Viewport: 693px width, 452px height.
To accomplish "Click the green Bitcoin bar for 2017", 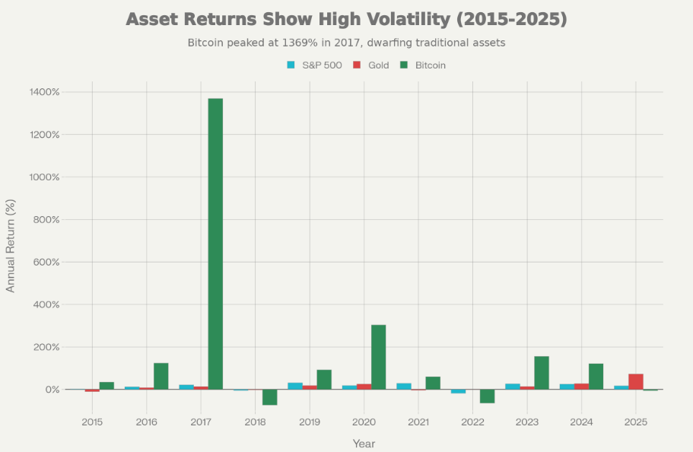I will click(x=215, y=244).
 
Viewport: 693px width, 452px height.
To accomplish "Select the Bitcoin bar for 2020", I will click(x=378, y=357).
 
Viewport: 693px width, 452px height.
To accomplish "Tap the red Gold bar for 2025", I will click(x=636, y=381).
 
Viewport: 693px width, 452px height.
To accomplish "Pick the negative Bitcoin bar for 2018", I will click(x=269, y=397).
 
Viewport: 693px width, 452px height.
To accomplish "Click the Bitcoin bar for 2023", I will click(x=542, y=373).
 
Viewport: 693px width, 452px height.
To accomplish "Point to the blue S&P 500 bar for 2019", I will click(x=295, y=386).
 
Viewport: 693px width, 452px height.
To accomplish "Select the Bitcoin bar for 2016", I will click(x=161, y=376).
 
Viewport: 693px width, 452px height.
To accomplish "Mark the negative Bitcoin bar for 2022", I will click(x=487, y=396).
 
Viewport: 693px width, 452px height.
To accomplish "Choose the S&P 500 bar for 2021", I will click(x=404, y=386).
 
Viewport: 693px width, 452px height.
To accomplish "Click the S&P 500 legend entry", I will click(x=314, y=65).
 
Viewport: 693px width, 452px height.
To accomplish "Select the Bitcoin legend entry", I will click(x=423, y=65).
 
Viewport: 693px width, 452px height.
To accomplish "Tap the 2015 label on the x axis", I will click(x=92, y=422).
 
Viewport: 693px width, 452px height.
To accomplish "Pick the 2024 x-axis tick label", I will click(x=581, y=422).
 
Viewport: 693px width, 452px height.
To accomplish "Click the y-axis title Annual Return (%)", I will click(x=11, y=245).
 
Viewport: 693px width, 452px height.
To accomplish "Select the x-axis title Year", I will click(x=364, y=443).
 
